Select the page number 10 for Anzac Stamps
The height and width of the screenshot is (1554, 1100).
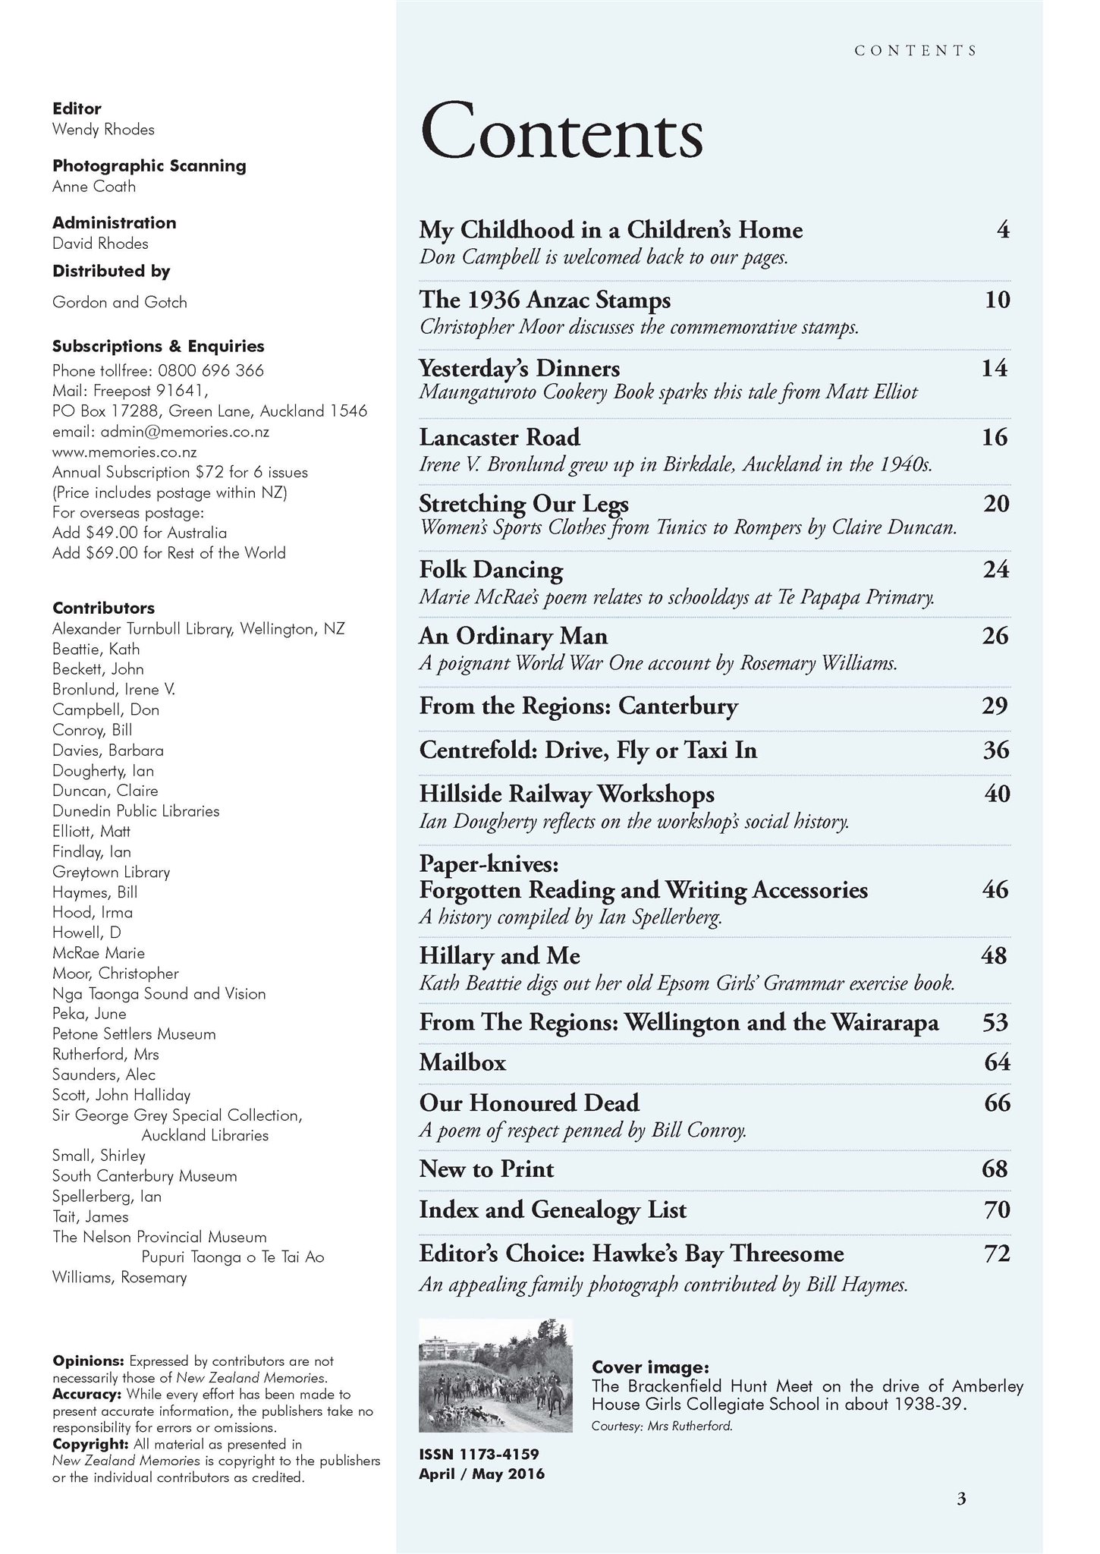[x=997, y=300]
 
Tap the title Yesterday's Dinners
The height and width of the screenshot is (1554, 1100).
[x=519, y=369]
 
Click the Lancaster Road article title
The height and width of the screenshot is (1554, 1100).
[x=499, y=437]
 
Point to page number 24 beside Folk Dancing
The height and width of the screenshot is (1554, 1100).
[x=995, y=569]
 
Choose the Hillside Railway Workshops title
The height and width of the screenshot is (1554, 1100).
[x=567, y=794]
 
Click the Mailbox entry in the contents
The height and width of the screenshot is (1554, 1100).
[x=462, y=1062]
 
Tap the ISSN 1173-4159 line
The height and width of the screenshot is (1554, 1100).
[x=479, y=1454]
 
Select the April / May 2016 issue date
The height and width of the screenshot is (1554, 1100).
[x=481, y=1474]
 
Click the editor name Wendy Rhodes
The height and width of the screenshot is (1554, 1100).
[x=103, y=129]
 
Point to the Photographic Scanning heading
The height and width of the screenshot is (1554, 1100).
[x=149, y=165]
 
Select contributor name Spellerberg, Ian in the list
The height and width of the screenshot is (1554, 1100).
[x=106, y=1197]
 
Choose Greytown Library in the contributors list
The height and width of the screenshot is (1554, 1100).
[x=111, y=872]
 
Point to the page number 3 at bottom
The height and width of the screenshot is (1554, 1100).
[x=961, y=1499]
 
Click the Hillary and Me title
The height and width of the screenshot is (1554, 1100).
[x=499, y=955]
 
